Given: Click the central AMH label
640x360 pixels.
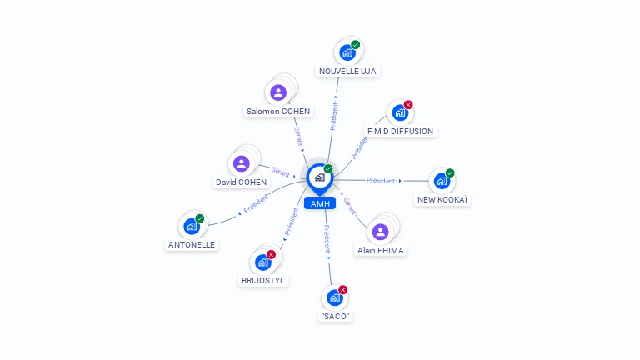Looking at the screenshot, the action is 320,203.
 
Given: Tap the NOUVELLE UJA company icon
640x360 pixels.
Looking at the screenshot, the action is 347,52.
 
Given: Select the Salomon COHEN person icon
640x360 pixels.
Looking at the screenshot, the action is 278,92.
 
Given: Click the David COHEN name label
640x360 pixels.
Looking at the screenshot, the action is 241,182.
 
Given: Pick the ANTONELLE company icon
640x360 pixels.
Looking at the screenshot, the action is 192,226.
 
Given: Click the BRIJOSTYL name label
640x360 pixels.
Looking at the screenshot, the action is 262,280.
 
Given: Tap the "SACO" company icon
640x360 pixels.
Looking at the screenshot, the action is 335,297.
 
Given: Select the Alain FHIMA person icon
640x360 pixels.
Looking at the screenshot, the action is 380,232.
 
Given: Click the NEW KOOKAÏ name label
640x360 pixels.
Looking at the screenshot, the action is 442,200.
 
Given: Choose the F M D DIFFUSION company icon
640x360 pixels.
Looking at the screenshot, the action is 400,112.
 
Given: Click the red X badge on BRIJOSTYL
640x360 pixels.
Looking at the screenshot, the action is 271,255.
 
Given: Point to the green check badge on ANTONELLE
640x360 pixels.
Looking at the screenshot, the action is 200,218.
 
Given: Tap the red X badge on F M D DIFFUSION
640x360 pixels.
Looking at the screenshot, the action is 408,105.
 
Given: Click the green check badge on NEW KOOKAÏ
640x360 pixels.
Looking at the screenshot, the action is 450,173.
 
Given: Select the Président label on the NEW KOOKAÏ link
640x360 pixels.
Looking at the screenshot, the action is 380,180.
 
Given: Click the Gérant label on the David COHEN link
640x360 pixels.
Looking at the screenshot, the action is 280,172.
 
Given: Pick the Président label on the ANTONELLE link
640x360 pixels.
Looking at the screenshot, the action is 256,203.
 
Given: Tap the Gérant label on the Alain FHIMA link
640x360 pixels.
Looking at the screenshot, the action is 350,206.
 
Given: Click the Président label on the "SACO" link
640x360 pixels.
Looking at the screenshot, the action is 327,239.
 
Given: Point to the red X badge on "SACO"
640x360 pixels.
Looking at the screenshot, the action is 342,290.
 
